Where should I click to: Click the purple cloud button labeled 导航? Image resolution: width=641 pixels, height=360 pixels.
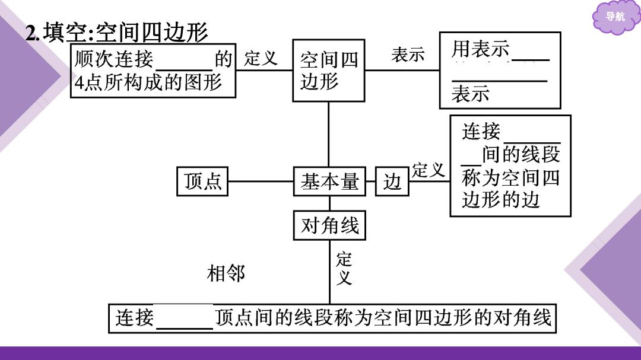pos(615,17)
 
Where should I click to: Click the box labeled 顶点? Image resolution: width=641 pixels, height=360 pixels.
pos(202,181)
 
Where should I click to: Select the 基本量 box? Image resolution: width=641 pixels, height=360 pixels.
pos(329,181)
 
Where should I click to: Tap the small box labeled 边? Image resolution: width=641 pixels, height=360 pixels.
pos(392,181)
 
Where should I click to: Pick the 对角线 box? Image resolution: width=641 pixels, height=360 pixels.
pos(329,225)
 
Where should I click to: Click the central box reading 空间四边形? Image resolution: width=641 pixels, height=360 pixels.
pos(329,71)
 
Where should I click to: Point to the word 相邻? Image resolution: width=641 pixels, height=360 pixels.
pos(226,273)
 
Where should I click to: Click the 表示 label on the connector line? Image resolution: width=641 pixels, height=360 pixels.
pos(408,55)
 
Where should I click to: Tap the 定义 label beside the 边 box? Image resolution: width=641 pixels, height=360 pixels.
pos(429,170)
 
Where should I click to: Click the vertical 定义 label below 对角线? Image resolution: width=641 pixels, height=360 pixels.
pos(344,269)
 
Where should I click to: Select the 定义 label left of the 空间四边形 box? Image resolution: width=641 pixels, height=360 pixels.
pos(261,58)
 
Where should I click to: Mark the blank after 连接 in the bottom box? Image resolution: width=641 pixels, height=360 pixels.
pos(185,327)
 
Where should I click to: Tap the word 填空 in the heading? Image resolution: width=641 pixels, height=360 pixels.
pos(66,32)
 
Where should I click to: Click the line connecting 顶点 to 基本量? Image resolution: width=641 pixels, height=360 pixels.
pos(261,181)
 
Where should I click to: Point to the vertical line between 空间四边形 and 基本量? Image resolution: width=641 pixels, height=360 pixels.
pos(329,134)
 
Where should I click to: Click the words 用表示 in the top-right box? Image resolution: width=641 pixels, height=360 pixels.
pos(481,49)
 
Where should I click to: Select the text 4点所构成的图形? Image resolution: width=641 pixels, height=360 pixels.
pos(148,82)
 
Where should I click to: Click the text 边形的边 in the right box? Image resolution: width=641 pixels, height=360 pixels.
pos(501,200)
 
